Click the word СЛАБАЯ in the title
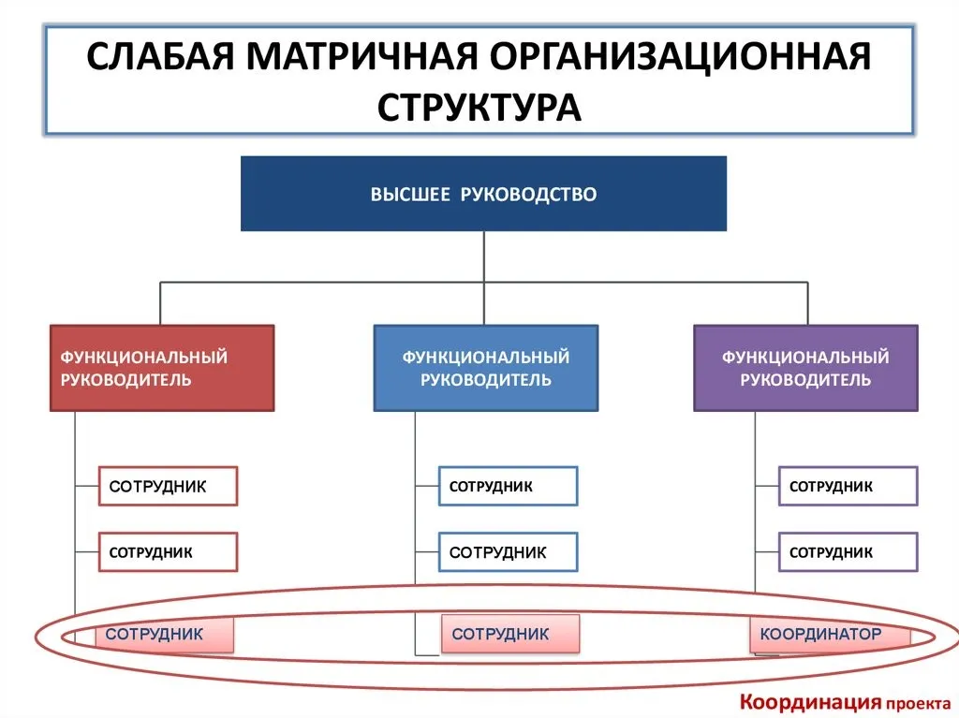pos(160,56)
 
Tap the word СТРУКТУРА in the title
pos(479,109)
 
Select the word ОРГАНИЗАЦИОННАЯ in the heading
pos(680,57)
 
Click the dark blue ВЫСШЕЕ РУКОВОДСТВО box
pos(484,193)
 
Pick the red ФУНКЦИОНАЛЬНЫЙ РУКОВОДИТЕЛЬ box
pos(162,368)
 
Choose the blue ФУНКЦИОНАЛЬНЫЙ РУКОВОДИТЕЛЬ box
pos(486,368)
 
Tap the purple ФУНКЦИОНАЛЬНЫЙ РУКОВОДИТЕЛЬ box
pos(805,368)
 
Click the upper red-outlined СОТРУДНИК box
pos(169,486)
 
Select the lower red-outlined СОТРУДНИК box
pos(169,552)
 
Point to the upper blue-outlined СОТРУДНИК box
pos(509,486)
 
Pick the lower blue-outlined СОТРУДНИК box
pos(509,552)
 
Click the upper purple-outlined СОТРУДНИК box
pos(848,486)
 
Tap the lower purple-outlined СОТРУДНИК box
pos(848,552)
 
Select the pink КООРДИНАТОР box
pos(830,634)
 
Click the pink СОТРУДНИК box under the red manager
pos(165,634)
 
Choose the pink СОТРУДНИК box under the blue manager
pos(510,634)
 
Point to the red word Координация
pos(811,703)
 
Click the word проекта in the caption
pos(919,705)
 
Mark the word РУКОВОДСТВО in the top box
pos(528,194)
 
